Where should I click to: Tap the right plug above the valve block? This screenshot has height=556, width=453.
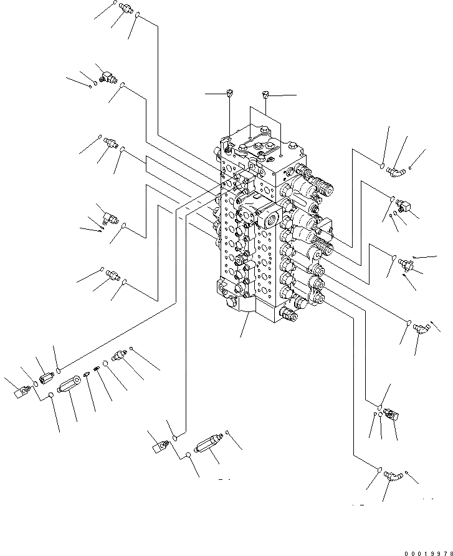click(x=266, y=94)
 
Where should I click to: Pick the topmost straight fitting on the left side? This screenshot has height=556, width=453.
click(x=125, y=9)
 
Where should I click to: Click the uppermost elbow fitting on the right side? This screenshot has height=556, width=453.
click(x=395, y=169)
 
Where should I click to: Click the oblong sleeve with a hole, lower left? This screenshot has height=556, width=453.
click(x=70, y=381)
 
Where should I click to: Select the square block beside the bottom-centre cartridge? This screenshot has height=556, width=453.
click(x=160, y=446)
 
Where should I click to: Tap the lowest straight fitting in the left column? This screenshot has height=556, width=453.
click(x=113, y=275)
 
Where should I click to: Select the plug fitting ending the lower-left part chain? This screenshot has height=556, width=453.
click(x=119, y=356)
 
